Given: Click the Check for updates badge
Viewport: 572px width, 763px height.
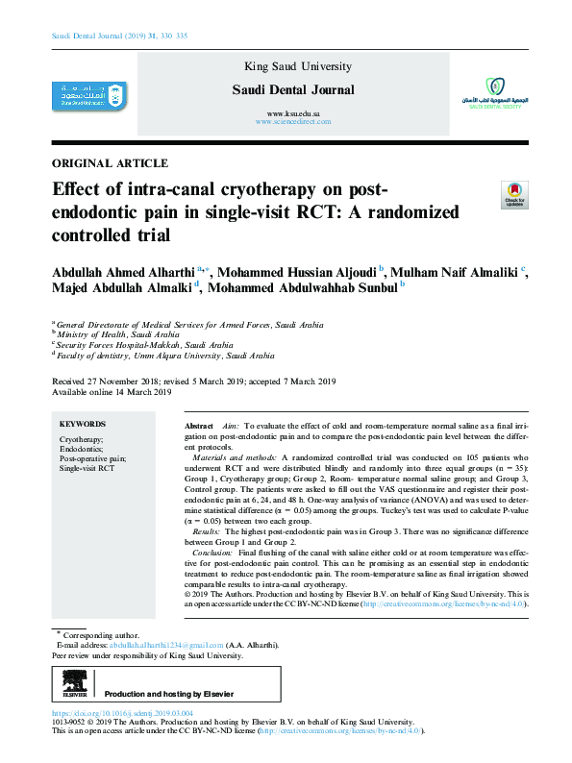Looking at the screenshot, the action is click(514, 196).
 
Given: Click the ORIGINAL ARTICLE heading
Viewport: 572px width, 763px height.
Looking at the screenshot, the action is click(109, 163).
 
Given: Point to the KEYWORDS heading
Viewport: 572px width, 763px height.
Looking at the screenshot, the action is click(83, 424).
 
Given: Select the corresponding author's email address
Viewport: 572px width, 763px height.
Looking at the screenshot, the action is click(166, 645).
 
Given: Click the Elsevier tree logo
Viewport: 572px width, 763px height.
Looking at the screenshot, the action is click(74, 684).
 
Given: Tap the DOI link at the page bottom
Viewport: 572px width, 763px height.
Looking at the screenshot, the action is click(122, 713).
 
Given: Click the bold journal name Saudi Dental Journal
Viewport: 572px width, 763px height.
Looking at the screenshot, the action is click(293, 90).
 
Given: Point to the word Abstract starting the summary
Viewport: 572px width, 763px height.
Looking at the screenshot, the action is click(198, 425).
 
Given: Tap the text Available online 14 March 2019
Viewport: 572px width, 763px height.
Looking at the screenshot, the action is click(111, 392).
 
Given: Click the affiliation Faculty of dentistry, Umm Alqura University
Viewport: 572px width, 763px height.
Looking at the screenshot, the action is click(158, 355).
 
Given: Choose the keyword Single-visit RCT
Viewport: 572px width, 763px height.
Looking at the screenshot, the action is click(87, 468).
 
